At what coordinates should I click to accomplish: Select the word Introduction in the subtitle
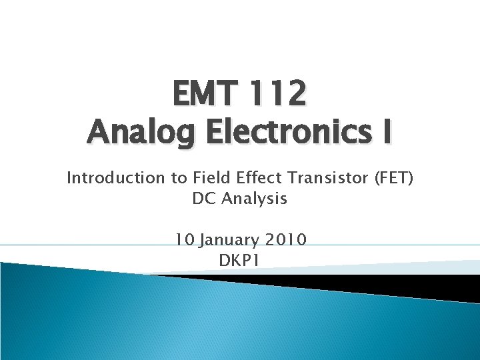pos(106,178)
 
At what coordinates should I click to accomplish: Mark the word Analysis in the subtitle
pos(254,199)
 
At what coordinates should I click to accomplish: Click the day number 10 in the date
pos(183,239)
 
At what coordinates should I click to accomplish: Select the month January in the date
pos(227,240)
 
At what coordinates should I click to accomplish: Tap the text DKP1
pos(239,260)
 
